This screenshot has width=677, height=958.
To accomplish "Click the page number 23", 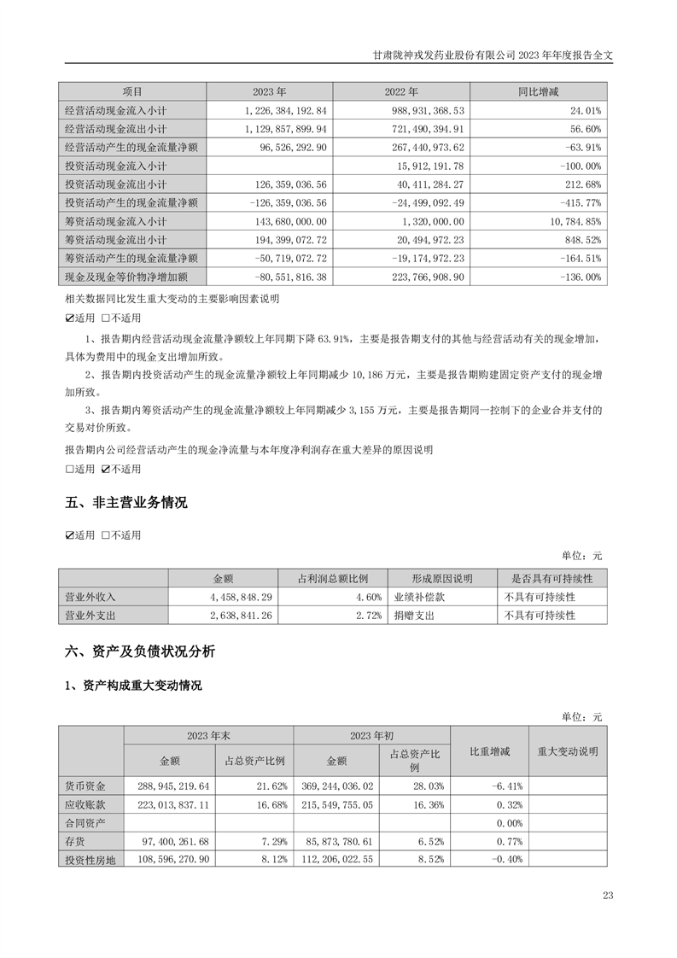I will [x=608, y=896].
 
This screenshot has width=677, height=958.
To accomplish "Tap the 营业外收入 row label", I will [x=90, y=597].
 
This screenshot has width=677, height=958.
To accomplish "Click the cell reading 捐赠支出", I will [x=413, y=615].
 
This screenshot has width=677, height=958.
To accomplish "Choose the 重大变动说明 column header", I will [x=568, y=751].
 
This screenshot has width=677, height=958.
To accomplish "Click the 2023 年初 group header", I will [x=371, y=735].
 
